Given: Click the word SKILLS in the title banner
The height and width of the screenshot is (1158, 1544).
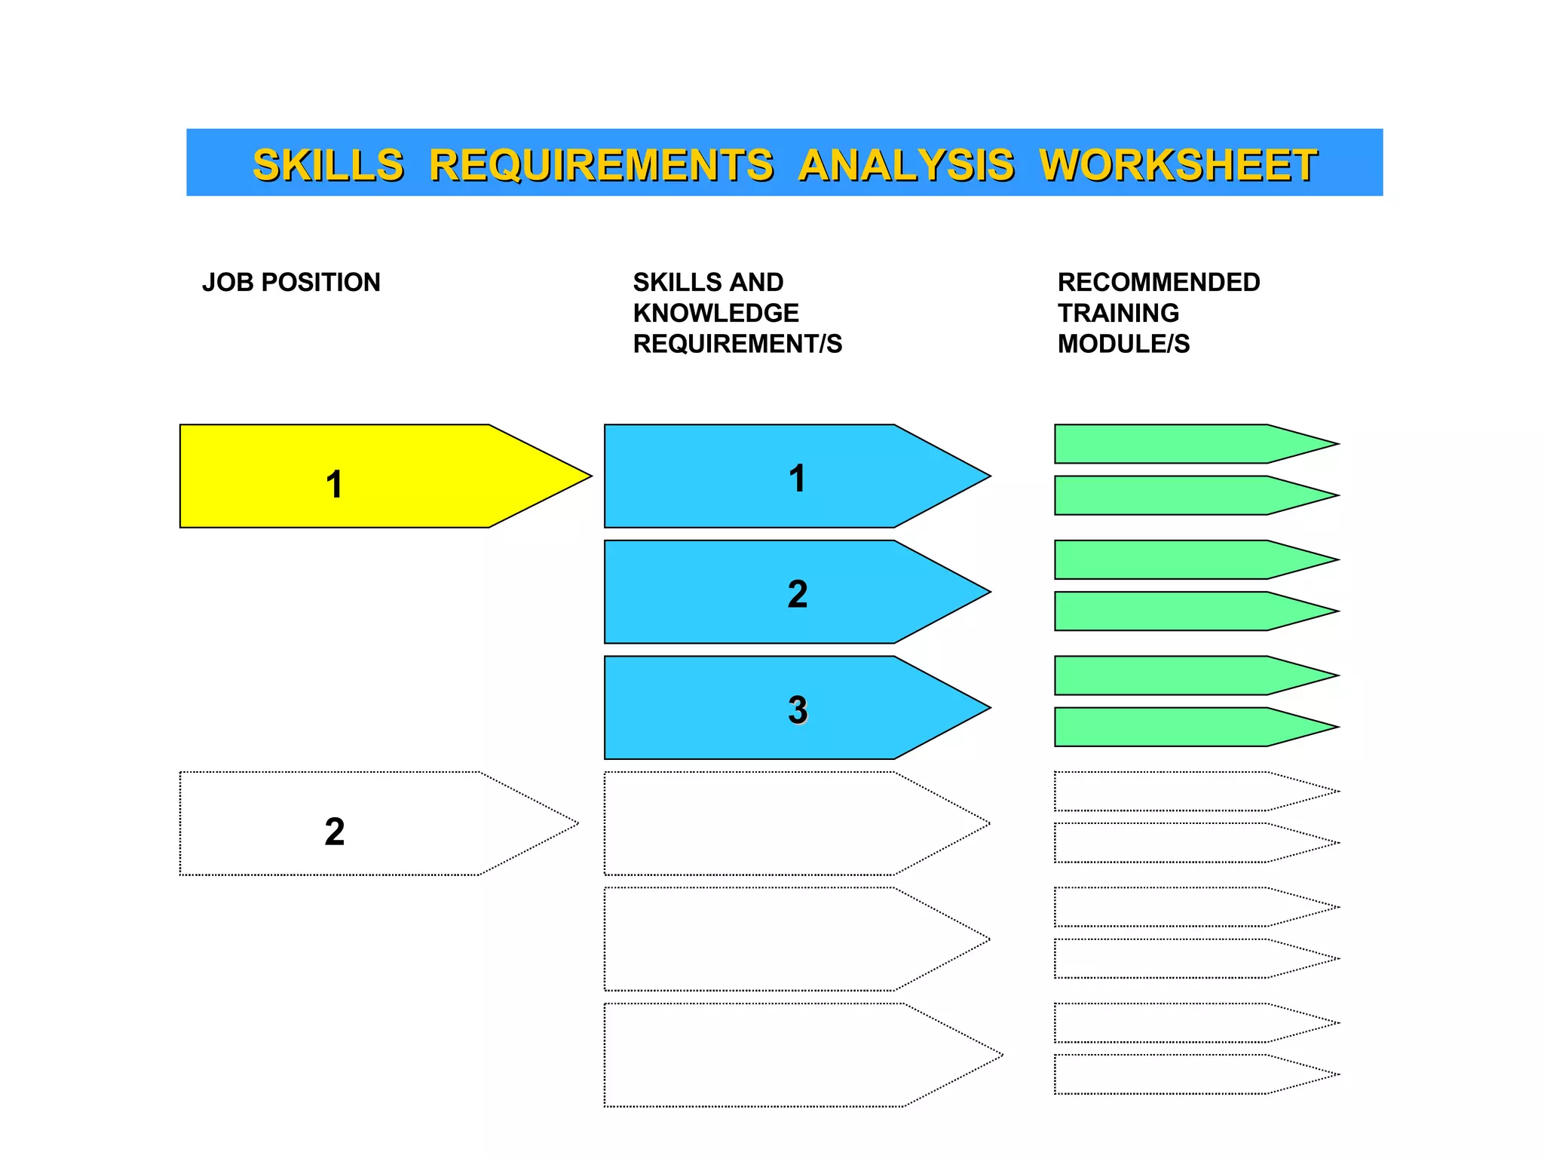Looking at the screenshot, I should (x=328, y=165).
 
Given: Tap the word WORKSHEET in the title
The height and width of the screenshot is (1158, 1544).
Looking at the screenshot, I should (x=1178, y=165).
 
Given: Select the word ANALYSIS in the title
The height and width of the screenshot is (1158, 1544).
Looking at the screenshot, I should (x=906, y=165).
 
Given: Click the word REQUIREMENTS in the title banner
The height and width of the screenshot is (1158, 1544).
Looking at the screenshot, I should (x=601, y=165).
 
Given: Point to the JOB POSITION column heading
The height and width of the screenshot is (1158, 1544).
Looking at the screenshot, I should (x=291, y=283).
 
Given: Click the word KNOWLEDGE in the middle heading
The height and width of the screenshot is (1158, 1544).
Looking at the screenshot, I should (x=715, y=313).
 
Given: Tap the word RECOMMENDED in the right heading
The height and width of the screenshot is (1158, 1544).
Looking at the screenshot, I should (x=1158, y=283).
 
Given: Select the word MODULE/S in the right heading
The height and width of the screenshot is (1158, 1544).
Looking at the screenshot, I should (x=1123, y=344).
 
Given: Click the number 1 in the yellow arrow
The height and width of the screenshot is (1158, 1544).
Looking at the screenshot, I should (x=334, y=484).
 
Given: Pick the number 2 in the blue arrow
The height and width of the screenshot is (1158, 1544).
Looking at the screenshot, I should (x=797, y=594).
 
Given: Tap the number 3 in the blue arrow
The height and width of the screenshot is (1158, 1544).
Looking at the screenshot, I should (x=797, y=709).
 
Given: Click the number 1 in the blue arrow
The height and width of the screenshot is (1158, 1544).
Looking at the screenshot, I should (x=797, y=478).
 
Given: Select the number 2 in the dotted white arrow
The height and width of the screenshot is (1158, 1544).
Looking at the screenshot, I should (x=334, y=832).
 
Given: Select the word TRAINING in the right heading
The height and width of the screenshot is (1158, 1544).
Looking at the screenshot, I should (x=1118, y=313).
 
